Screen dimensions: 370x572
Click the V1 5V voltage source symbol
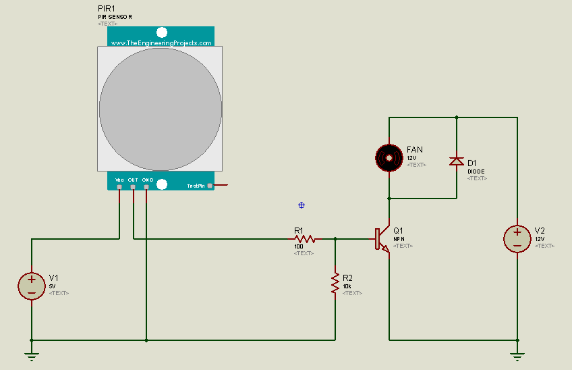[31, 286]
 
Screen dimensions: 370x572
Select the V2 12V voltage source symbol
[517, 238]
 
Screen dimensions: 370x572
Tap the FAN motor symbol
[389, 157]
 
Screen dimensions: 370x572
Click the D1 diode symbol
[457, 161]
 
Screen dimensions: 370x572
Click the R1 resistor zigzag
[305, 238]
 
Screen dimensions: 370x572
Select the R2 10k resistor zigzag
[335, 282]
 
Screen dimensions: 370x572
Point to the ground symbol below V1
[31, 356]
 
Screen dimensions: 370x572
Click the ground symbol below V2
[517, 356]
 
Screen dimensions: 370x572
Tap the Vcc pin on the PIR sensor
[119, 186]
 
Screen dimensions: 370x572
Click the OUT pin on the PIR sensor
[133, 186]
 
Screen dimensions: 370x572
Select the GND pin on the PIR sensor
[146, 186]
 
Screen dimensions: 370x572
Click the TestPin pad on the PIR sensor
[210, 185]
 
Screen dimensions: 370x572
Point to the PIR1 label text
[107, 7]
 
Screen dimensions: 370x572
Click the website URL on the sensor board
[161, 43]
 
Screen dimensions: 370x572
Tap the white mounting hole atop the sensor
[161, 32]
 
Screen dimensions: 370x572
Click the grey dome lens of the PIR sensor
[161, 108]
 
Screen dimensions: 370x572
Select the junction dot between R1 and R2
[335, 238]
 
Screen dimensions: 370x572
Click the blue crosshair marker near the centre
[302, 205]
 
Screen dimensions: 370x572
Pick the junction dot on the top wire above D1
[457, 117]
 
